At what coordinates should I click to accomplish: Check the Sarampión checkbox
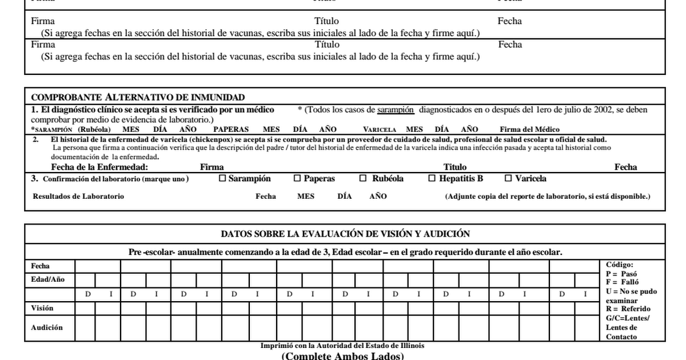click(223, 178)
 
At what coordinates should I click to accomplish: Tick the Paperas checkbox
click(297, 178)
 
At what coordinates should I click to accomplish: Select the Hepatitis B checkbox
click(432, 178)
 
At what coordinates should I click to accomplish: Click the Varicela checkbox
click(508, 178)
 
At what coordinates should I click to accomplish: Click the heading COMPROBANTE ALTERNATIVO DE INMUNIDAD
click(138, 97)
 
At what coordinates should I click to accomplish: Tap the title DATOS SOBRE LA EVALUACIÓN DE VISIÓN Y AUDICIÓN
click(345, 233)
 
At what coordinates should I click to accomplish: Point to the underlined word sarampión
click(392, 109)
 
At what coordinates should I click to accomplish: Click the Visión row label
click(42, 308)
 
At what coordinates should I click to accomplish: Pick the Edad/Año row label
click(48, 279)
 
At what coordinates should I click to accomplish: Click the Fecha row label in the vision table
click(40, 266)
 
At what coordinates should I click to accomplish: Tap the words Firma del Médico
click(529, 130)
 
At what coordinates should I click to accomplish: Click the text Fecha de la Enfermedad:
click(99, 167)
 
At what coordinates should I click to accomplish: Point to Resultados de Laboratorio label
click(78, 197)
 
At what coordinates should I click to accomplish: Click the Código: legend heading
click(619, 265)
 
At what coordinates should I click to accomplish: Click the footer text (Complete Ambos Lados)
click(342, 356)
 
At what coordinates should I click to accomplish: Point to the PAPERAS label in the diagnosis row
click(231, 130)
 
